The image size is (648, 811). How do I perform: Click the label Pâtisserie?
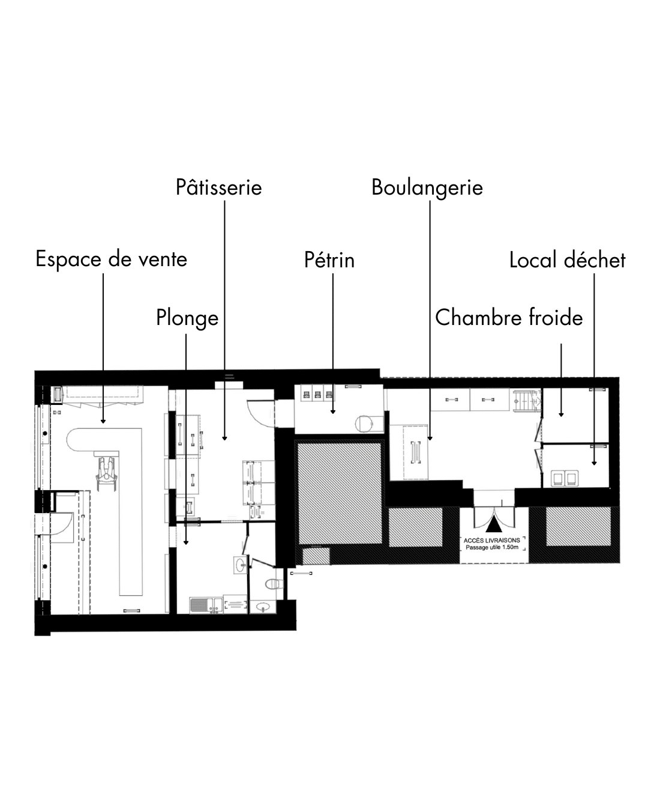coord(218,187)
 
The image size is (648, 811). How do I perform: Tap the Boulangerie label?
coord(427,187)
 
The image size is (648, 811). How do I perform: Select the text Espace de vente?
coord(111,259)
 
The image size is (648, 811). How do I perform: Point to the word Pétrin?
coord(329,260)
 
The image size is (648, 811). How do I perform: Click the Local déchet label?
coord(567,260)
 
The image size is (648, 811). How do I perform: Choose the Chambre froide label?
coord(509,317)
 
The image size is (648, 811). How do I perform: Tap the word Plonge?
coord(187,318)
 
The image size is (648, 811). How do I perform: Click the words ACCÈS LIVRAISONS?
coord(492,541)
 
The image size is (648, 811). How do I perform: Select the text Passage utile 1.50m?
coord(492,547)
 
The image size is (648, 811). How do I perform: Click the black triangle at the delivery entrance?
coord(494,524)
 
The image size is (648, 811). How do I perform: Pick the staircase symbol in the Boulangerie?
coord(526,401)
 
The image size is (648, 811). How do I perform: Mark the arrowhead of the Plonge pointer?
coord(186,542)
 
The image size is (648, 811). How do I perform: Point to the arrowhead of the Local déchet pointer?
coord(594,463)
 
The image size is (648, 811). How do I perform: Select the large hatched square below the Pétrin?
coord(340,493)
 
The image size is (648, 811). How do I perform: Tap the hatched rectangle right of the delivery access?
coord(578,526)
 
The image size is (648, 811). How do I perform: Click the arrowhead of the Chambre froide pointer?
coord(561,415)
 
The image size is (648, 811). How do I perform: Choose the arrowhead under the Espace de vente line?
coord(103,421)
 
